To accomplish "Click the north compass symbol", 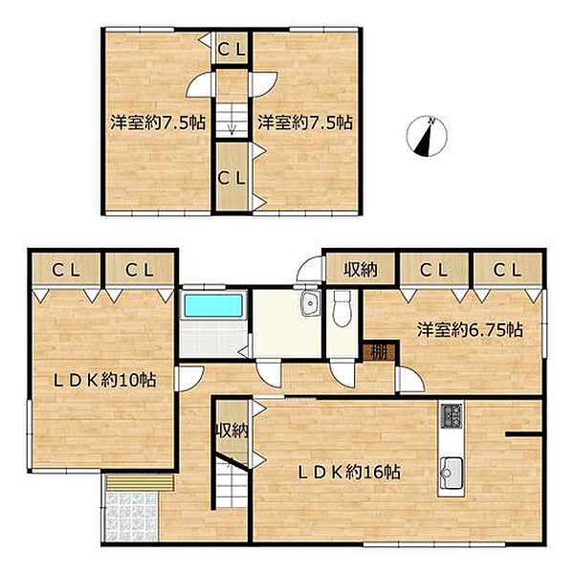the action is click(x=427, y=136).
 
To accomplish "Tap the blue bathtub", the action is click(x=213, y=306).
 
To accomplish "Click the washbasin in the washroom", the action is click(x=310, y=303).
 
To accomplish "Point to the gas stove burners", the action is click(x=452, y=415).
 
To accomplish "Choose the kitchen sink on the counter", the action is click(x=452, y=474).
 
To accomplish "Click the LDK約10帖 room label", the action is click(x=104, y=381).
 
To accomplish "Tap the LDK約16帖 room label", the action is click(x=349, y=473).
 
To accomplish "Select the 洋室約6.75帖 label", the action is click(x=471, y=331).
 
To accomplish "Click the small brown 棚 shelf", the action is click(x=379, y=353).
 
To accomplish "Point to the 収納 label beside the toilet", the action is click(x=361, y=270).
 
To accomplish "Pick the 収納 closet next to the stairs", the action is click(x=232, y=430).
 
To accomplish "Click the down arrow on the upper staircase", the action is click(x=232, y=129).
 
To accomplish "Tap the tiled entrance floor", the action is click(x=131, y=517).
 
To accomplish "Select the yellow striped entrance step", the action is click(x=139, y=482).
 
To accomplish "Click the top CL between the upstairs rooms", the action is click(x=232, y=50).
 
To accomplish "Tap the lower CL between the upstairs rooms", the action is click(x=232, y=179).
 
